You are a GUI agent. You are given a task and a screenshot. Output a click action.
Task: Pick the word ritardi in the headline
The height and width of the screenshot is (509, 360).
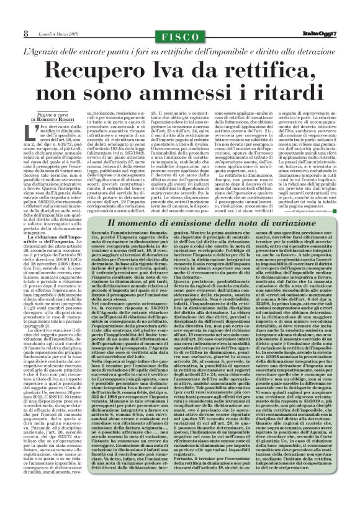coord(276,92)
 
